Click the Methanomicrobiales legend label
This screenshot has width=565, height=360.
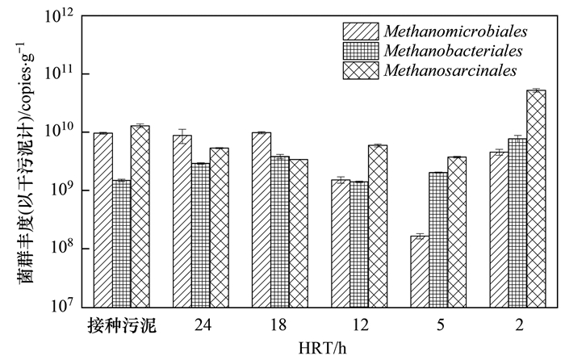[456, 31]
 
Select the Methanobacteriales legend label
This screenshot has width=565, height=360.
[453, 51]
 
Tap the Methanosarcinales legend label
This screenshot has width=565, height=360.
[450, 71]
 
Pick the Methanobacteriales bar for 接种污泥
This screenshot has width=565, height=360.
[121, 243]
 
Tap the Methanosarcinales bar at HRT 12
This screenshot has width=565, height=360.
[378, 226]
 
